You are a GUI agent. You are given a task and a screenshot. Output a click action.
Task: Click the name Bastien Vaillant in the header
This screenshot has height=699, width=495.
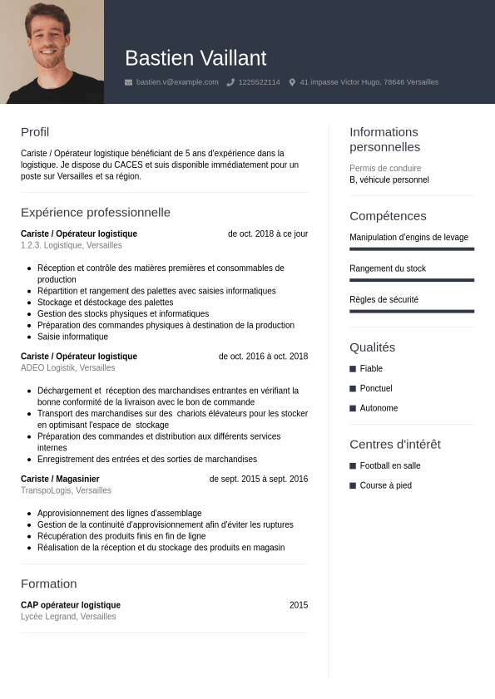pos(196,58)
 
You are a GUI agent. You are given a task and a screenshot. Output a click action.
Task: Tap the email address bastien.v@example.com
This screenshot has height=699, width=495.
pos(177,82)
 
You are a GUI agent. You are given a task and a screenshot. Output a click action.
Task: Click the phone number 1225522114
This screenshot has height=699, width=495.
pos(259,82)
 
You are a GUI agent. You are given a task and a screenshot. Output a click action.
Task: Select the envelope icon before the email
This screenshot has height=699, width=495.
pos(128,82)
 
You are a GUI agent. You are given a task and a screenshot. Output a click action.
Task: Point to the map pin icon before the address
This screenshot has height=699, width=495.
pos(292,82)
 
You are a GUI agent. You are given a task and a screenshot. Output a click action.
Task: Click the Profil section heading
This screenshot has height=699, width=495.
pos(35,132)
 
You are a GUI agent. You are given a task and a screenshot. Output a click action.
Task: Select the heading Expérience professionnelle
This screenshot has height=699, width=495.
pos(96,213)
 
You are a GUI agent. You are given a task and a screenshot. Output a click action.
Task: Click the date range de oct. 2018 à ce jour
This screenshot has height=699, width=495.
pos(268,234)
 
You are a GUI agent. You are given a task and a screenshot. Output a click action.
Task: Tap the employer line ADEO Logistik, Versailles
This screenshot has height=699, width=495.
pos(68,367)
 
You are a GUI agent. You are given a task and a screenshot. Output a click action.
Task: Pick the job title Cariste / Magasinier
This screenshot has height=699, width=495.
pos(60,479)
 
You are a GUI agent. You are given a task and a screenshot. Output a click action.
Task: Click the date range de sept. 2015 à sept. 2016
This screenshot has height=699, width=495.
pos(258,479)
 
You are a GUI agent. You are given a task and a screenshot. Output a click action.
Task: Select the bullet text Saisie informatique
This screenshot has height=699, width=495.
pos(72,337)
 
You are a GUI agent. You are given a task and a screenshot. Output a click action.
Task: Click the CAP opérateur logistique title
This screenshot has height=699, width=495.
pos(71,605)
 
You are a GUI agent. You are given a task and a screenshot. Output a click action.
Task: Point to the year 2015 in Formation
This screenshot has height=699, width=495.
pos(299,605)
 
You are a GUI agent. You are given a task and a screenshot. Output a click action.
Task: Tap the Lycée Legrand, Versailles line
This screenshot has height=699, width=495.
pos(68,617)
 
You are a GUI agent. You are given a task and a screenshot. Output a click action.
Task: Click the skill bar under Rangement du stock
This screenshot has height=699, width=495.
pos(412,280)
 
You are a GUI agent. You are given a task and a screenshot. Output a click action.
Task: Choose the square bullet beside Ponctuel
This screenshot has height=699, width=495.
pos(353,388)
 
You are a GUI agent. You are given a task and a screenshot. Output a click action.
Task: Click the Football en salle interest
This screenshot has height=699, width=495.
pos(390,465)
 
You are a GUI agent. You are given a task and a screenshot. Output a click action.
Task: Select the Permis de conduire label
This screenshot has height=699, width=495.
pos(385,168)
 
